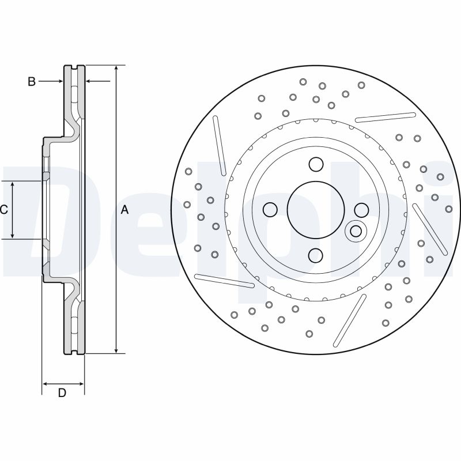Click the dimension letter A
click(x=124, y=210)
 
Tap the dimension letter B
click(x=32, y=82)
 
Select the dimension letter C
click(x=4, y=210)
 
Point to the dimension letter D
click(x=62, y=393)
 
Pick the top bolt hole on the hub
click(x=315, y=165)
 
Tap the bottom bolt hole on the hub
click(x=315, y=254)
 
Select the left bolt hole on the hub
click(x=270, y=209)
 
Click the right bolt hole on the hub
click(x=361, y=209)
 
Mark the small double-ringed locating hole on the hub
click(x=356, y=231)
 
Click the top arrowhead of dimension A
click(x=116, y=69)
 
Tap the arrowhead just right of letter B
click(x=60, y=82)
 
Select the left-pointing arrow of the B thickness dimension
click(x=89, y=82)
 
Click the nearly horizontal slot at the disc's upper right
click(x=386, y=117)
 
